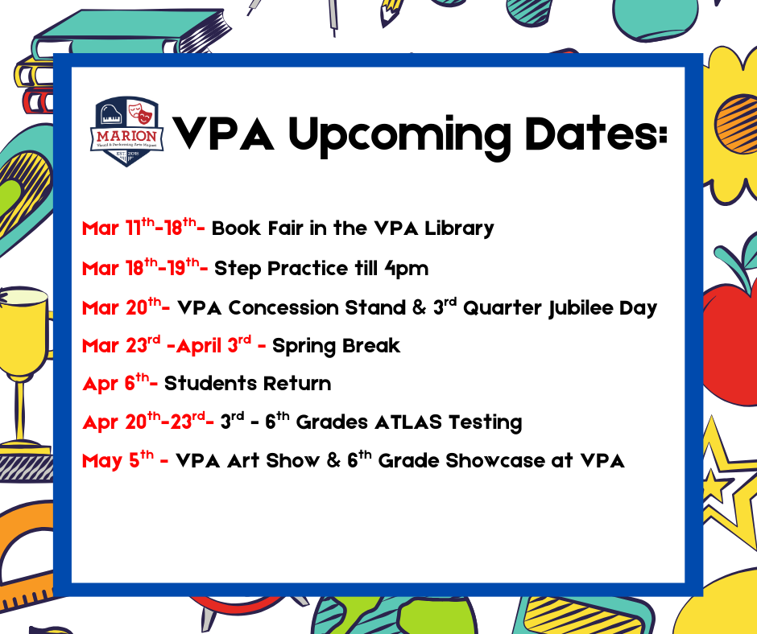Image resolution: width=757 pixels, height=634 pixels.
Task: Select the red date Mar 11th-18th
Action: pos(143,228)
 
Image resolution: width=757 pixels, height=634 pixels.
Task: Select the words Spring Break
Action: pos(336,347)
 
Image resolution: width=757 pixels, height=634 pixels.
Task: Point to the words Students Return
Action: pos(247,384)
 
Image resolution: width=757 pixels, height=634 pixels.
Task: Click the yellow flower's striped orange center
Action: pos(735,121)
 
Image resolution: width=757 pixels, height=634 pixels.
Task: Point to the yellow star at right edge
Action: pos(729,483)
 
